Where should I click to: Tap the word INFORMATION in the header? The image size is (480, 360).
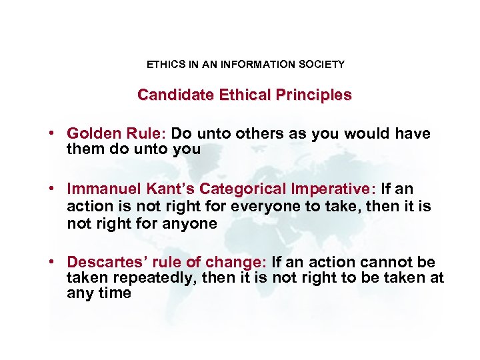tap(256, 65)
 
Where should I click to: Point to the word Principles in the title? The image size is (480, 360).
tap(311, 95)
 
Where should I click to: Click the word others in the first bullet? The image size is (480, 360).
tap(259, 134)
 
